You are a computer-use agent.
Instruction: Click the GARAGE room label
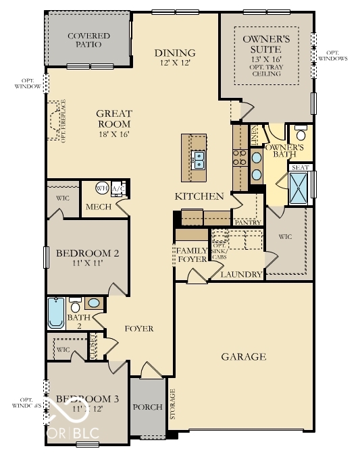pos(244,356)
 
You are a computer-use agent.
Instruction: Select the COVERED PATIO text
pos(85,40)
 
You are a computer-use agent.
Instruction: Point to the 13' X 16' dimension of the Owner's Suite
pos(266,59)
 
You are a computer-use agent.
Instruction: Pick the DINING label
pos(174,53)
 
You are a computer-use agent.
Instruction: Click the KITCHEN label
pos(199,196)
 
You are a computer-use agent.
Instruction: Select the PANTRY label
pos(247,221)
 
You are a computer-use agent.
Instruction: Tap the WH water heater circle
pos(102,188)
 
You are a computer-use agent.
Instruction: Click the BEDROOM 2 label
pos(87,254)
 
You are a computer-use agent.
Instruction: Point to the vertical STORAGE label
pos(172,404)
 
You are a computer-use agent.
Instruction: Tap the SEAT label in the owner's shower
pos(300,167)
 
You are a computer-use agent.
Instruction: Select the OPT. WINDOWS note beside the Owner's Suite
pos(337,55)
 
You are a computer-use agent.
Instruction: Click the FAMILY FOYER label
pos(190,254)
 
